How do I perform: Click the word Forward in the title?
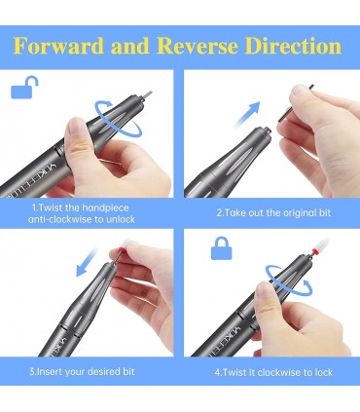tap(58, 46)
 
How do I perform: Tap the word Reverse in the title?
tap(198, 46)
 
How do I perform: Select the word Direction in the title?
tap(293, 46)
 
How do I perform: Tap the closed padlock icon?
tap(222, 248)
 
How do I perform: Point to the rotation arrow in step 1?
tap(118, 118)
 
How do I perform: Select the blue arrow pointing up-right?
tap(248, 114)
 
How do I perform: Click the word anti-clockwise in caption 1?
tap(60, 219)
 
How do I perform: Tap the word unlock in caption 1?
tap(120, 219)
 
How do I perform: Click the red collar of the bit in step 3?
tap(114, 252)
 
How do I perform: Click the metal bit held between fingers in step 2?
tap(296, 103)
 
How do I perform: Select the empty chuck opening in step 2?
tap(267, 129)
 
